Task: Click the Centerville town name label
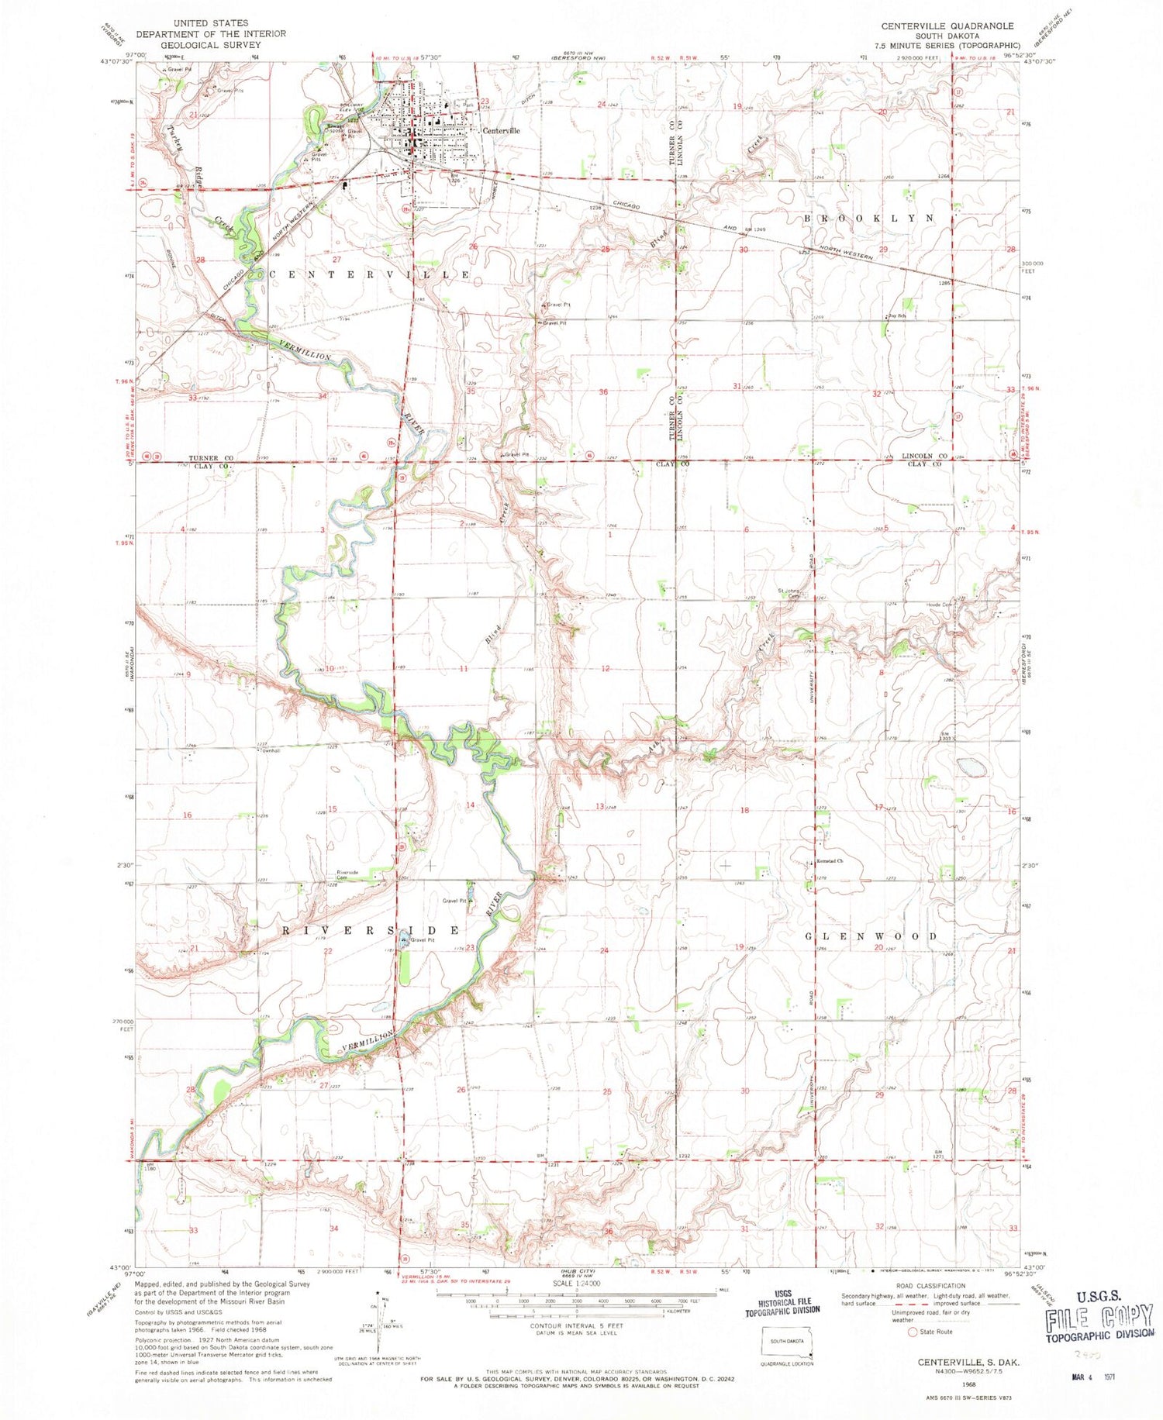[501, 131]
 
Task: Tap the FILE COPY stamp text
[1099, 1318]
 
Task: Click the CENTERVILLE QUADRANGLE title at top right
[947, 26]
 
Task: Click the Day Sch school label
[896, 316]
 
